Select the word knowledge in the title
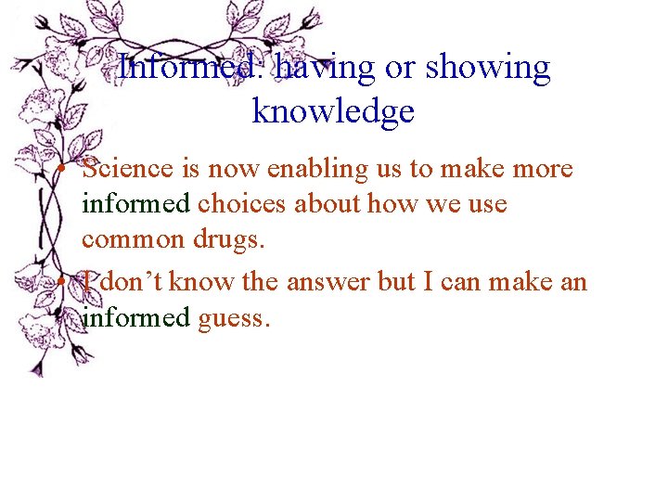pyautogui.click(x=333, y=111)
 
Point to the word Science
pyautogui.click(x=127, y=170)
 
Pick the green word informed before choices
pyautogui.click(x=135, y=203)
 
